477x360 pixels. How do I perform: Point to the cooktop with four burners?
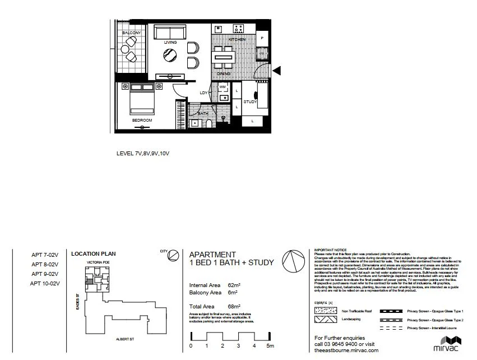[x=238, y=28]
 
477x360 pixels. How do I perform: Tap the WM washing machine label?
[x=222, y=87]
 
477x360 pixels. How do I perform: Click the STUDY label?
[x=250, y=102]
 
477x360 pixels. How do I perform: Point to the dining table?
[x=223, y=57]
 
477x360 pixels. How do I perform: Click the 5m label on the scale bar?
[x=270, y=346]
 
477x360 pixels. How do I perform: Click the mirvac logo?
[x=451, y=344]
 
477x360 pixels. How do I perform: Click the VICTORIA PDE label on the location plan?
[x=98, y=262]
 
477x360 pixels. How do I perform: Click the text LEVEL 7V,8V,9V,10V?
[x=142, y=153]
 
